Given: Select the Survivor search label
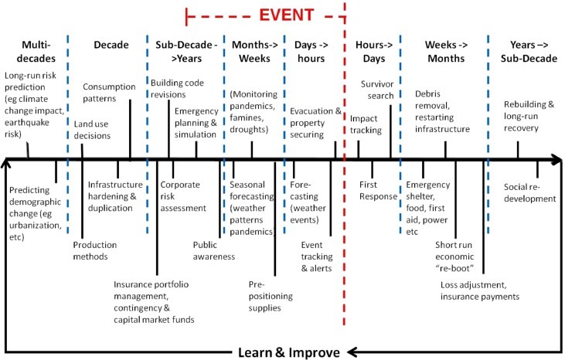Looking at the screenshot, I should [x=377, y=90].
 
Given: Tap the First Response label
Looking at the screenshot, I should [x=379, y=191].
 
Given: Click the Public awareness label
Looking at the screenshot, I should [x=213, y=251].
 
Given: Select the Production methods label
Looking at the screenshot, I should [x=95, y=252].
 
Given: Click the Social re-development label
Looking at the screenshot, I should [x=529, y=192].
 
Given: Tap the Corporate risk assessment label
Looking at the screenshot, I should [x=183, y=196].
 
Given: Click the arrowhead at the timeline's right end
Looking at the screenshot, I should [x=556, y=161].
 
